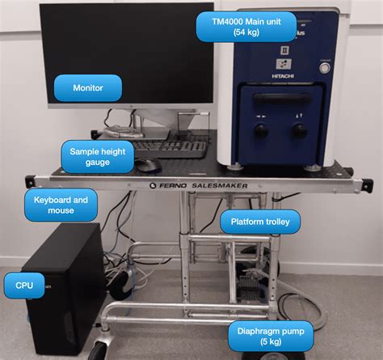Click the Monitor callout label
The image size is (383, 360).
pyautogui.click(x=87, y=87)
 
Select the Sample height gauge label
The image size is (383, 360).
pyautogui.click(x=100, y=156)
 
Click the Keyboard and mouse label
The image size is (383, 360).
pyautogui.click(x=61, y=204)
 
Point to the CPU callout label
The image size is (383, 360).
pyautogui.click(x=19, y=285)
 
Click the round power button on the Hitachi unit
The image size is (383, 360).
pyautogui.click(x=325, y=69)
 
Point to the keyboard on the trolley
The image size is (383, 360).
pyautogui.click(x=170, y=148)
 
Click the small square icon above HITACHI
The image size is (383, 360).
pyautogui.click(x=284, y=63)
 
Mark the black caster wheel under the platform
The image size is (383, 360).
pyautogui.click(x=99, y=350)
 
